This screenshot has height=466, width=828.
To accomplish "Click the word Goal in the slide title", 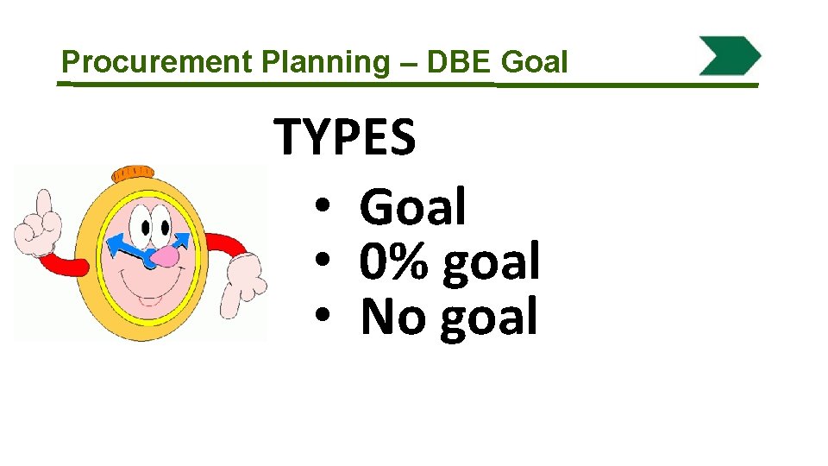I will [534, 62].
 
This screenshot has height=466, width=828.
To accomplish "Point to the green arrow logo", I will [729, 56].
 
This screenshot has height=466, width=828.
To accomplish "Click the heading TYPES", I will [345, 138].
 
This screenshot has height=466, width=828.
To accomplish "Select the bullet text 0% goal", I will [449, 262].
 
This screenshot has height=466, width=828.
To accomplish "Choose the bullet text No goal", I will [449, 317].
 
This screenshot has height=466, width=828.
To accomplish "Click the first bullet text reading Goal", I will [413, 207].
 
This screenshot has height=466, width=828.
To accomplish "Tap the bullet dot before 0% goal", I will [323, 262].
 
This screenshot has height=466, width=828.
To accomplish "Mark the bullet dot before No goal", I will [323, 317].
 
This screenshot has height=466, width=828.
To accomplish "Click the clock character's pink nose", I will [164, 256].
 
